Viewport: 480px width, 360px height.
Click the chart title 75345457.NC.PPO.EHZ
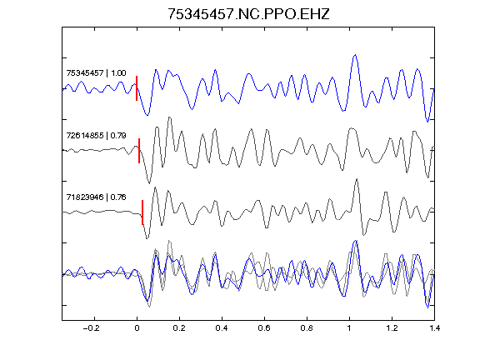point(248,14)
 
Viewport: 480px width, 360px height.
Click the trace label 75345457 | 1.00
point(96,73)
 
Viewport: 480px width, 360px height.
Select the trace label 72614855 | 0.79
point(96,135)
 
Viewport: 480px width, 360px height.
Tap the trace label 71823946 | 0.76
point(96,197)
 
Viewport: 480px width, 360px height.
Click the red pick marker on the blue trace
point(137,88)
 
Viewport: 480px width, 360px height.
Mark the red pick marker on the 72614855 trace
point(139,151)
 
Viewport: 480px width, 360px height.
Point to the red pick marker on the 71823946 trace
point(142,212)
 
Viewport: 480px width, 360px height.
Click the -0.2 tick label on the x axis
point(91,328)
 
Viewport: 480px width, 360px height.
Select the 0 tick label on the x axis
point(137,328)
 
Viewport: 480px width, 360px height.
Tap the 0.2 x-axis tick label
point(179,328)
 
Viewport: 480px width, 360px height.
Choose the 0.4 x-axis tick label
point(222,328)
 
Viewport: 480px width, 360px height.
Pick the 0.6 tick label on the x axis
point(264,328)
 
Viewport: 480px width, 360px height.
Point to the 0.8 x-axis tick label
point(307,328)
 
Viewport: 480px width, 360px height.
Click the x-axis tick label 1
point(349,328)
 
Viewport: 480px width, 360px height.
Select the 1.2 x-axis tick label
point(392,328)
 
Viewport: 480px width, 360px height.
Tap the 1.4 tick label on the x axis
point(434,328)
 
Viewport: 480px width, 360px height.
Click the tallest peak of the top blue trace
point(355,55)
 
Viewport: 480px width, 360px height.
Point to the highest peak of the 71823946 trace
point(357,179)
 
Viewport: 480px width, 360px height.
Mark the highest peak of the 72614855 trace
point(170,117)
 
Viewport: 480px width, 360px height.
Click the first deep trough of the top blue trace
point(147,115)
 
